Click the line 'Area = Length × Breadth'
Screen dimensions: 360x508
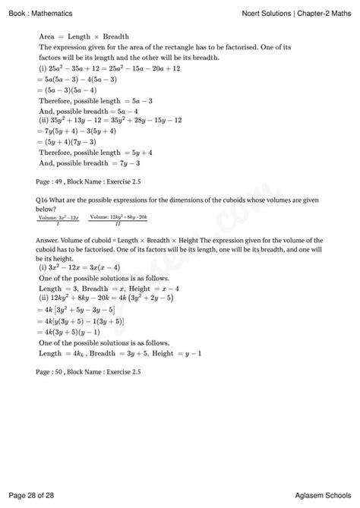coord(84,36)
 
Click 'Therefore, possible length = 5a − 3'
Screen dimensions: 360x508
coord(95,99)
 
